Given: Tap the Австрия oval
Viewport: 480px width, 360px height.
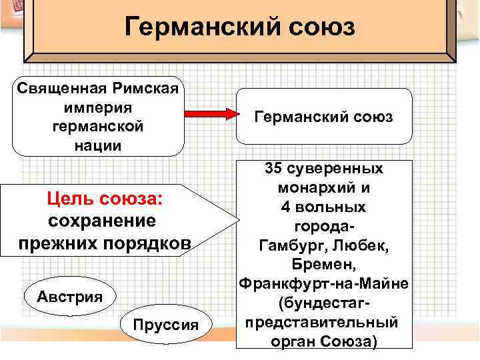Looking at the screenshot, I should coord(69,295).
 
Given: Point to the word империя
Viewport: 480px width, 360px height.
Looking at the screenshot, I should coord(99,107).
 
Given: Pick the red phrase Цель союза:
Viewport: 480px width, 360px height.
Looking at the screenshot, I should coord(104,198).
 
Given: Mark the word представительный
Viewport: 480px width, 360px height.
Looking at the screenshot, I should coord(322,323).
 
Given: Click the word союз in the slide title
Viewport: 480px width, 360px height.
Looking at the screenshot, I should coord(318,28).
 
